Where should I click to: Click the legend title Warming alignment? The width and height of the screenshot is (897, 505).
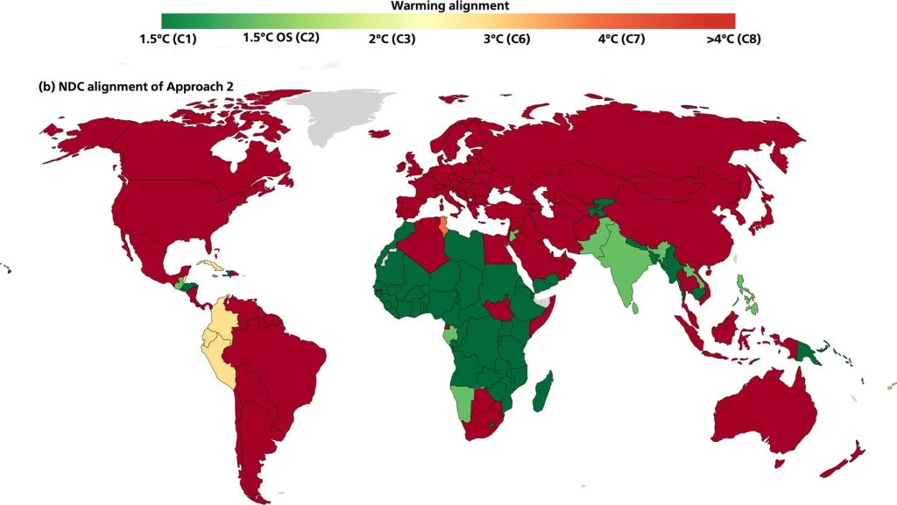(x=449, y=5)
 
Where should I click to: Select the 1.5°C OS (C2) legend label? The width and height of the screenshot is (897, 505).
(x=280, y=38)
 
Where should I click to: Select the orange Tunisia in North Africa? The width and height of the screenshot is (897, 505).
(x=443, y=227)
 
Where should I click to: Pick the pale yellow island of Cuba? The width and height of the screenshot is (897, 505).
(x=210, y=263)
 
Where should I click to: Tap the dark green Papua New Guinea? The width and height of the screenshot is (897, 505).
(x=816, y=352)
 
